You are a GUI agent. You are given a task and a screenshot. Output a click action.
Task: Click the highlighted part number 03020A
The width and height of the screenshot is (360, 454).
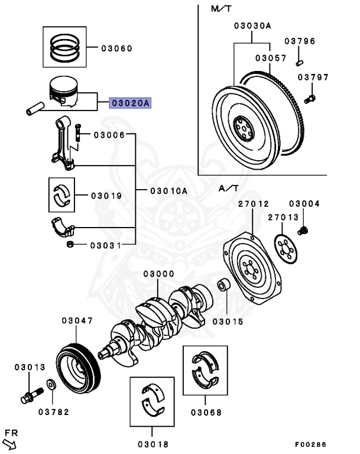pyautogui.click(x=130, y=103)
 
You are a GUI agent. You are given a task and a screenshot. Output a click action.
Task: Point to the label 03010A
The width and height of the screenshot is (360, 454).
pyautogui.click(x=168, y=190)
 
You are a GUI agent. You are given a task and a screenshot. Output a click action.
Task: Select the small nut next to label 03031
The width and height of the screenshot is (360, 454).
pyautogui.click(x=70, y=244)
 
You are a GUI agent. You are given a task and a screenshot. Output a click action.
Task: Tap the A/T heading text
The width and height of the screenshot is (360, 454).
pyautogui.click(x=229, y=189)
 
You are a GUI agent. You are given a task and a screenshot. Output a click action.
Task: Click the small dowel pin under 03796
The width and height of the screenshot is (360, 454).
pyautogui.click(x=300, y=57)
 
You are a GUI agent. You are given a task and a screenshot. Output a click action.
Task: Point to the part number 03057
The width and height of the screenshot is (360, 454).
pyautogui.click(x=270, y=58)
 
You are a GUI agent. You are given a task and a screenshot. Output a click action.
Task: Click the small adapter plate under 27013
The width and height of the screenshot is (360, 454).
pyautogui.click(x=287, y=249)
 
